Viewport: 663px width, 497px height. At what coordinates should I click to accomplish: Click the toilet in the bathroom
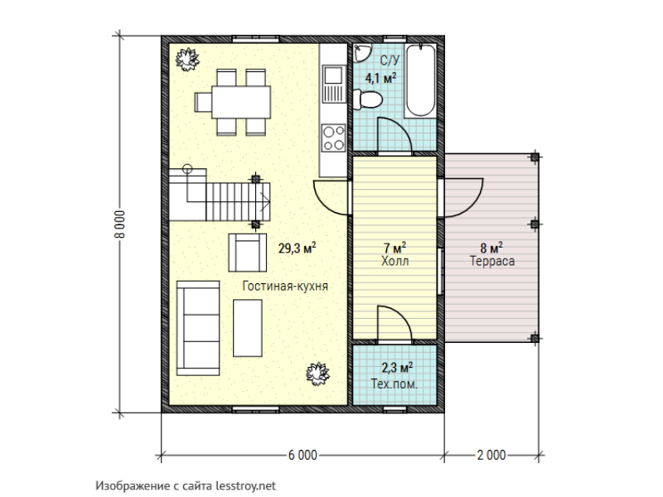[368, 99]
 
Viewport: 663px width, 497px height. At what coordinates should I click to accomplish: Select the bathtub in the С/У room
[420, 80]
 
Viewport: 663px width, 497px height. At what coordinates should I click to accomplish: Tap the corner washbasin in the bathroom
[362, 52]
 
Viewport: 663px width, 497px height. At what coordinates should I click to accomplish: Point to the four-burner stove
[334, 138]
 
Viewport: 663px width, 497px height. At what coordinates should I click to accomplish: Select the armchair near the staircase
[247, 253]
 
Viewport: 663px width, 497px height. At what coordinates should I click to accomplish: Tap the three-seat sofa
[198, 328]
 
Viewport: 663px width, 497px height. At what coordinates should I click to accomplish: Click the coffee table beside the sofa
[247, 328]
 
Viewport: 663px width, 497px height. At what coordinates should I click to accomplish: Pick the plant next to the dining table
[187, 60]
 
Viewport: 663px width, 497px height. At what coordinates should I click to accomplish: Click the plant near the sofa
[317, 374]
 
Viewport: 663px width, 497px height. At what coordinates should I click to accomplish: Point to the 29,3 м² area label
[298, 248]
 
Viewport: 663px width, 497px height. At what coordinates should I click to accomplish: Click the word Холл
[395, 261]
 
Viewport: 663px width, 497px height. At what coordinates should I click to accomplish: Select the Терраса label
[492, 261]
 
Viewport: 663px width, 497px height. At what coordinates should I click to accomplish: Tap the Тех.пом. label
[394, 384]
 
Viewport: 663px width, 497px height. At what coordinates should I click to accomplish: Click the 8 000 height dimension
[120, 224]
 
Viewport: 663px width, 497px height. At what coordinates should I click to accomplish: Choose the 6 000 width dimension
[302, 455]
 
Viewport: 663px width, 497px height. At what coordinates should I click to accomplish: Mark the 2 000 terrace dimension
[491, 455]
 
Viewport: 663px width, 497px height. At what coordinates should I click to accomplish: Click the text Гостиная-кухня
[285, 286]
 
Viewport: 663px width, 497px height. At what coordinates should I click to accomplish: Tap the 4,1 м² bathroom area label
[381, 78]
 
